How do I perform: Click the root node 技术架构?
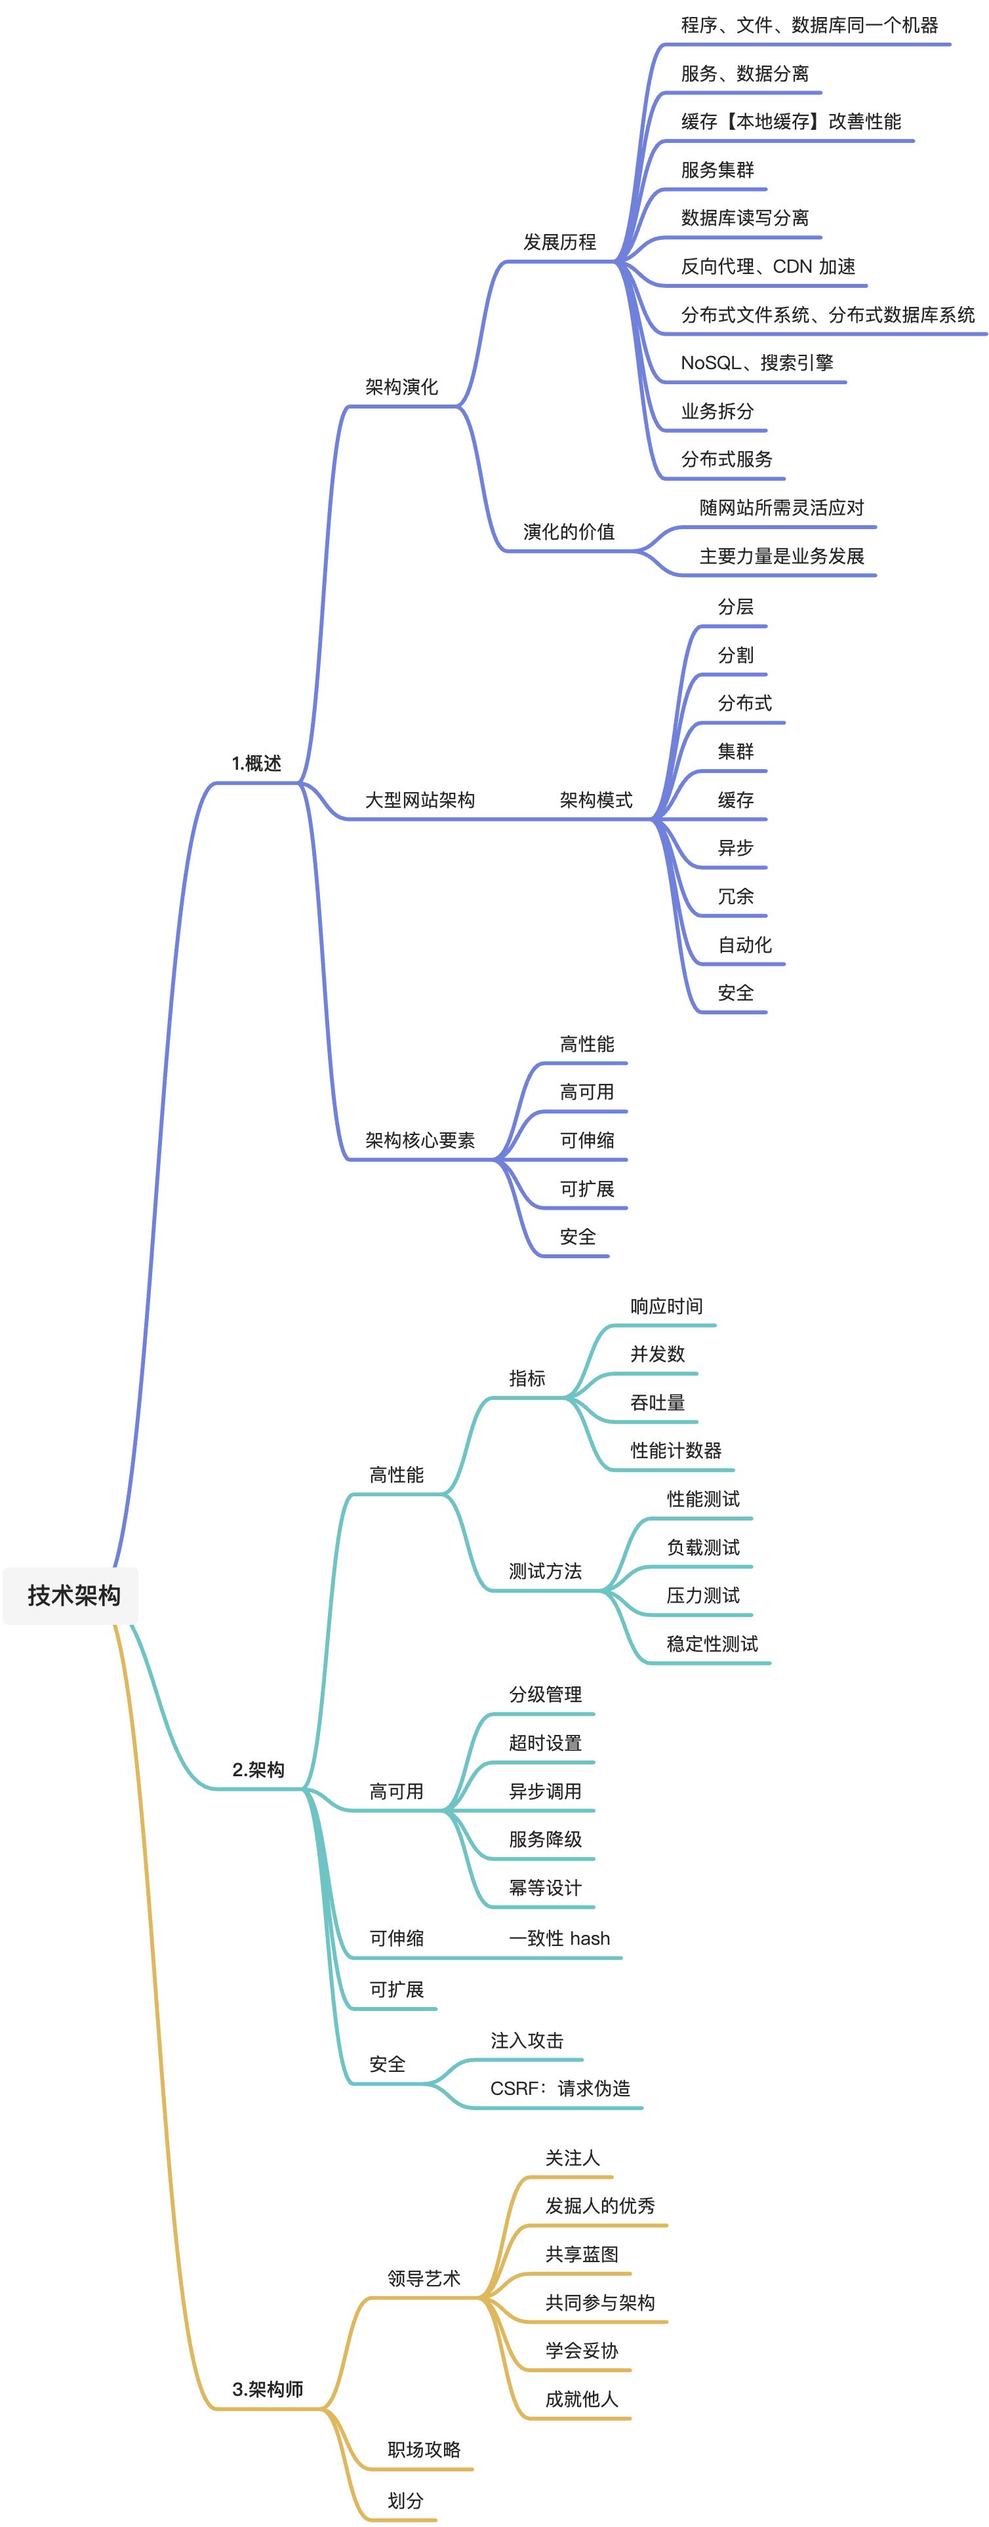pos(73,1596)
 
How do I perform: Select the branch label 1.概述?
pos(256,763)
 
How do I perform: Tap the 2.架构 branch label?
pos(258,1770)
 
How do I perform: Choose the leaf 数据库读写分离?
pos(744,218)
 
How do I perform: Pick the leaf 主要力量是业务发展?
pos(781,556)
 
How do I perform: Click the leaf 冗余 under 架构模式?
pos(735,896)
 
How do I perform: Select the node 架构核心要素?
pos(420,1140)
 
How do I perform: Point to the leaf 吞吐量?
pos(657,1403)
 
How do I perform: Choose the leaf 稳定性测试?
pos(712,1644)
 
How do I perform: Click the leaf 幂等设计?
pos(544,1888)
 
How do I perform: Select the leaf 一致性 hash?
pos(559,1938)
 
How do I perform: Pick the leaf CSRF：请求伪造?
pos(560,2088)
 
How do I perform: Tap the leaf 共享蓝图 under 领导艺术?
pos(582,2254)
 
